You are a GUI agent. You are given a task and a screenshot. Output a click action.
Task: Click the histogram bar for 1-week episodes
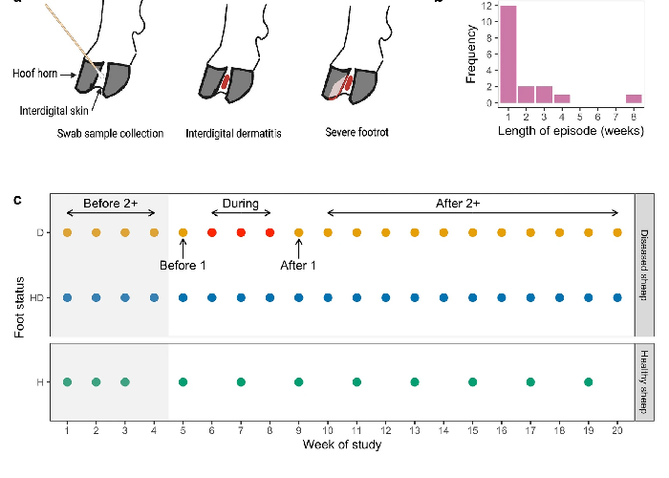click(x=508, y=54)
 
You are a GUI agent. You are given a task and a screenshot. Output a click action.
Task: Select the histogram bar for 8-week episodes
click(x=634, y=98)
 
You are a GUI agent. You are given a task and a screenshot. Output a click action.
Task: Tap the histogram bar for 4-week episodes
click(x=562, y=98)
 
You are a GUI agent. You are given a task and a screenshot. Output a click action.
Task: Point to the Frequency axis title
click(x=471, y=54)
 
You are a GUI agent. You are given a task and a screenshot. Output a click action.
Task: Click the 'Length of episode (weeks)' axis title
click(x=571, y=131)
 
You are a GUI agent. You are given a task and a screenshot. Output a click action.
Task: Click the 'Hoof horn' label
click(x=35, y=74)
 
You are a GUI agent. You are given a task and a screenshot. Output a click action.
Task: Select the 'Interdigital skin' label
click(x=54, y=111)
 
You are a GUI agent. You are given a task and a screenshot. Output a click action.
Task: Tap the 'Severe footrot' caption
click(x=356, y=132)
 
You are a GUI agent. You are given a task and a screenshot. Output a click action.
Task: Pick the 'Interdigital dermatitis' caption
click(x=233, y=134)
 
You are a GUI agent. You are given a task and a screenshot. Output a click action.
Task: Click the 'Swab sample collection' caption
click(x=110, y=134)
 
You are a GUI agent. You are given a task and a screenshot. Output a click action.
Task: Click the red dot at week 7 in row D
click(x=241, y=232)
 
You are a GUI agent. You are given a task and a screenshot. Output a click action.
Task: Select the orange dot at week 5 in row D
click(x=183, y=232)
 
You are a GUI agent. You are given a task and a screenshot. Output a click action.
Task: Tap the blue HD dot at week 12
click(x=386, y=297)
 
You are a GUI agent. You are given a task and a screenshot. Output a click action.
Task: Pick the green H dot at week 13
click(x=415, y=382)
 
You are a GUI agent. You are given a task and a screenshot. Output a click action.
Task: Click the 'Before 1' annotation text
click(x=183, y=266)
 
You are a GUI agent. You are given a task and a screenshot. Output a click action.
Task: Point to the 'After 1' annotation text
click(x=298, y=266)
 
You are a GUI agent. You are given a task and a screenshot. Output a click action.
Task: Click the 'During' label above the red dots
click(x=241, y=204)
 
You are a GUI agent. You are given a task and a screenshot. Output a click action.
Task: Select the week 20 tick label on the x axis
click(x=617, y=430)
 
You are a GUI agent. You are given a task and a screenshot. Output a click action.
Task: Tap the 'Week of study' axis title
click(x=342, y=445)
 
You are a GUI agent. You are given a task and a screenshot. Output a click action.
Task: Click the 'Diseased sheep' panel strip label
click(x=644, y=265)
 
